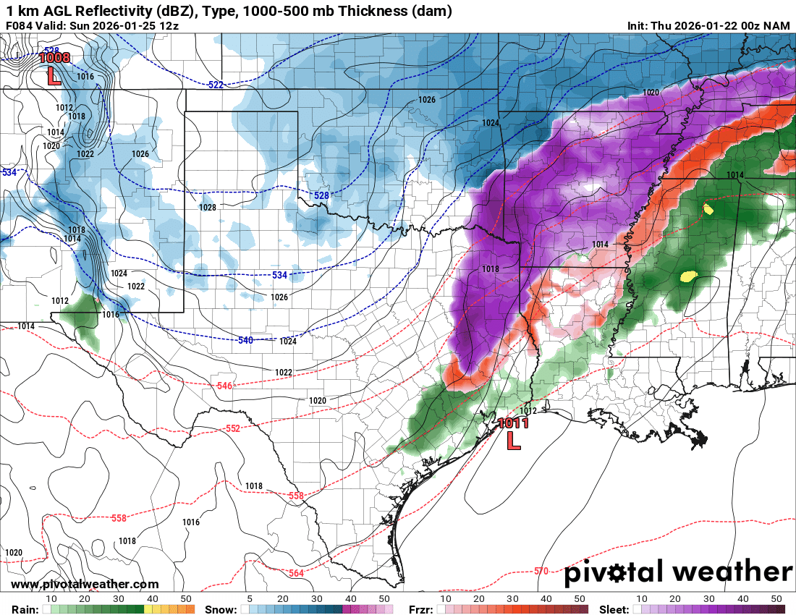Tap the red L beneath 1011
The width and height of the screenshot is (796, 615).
(513, 440)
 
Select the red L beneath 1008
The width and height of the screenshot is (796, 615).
(53, 77)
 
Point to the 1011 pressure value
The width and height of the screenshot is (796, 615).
(513, 423)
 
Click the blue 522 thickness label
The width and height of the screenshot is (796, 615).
(216, 85)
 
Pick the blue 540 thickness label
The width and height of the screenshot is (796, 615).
(245, 340)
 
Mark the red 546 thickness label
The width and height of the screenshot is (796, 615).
(224, 386)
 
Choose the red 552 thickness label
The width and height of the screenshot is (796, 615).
(232, 428)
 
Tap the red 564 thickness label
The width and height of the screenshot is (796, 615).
(296, 573)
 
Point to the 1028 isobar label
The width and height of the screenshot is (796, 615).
(207, 208)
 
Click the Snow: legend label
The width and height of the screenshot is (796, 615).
(220, 609)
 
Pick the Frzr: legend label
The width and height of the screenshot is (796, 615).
(420, 609)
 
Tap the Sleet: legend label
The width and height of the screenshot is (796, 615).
(614, 609)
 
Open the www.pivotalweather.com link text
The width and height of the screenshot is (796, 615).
(85, 585)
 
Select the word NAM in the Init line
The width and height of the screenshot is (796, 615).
(778, 26)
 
